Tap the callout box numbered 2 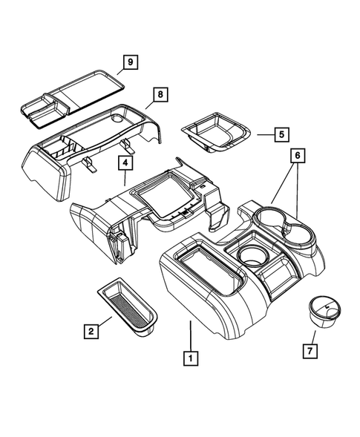pos(91,331)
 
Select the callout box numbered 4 pos(125,165)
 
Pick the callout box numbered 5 pos(281,134)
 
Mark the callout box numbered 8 pos(160,94)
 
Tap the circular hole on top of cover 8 pos(119,118)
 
